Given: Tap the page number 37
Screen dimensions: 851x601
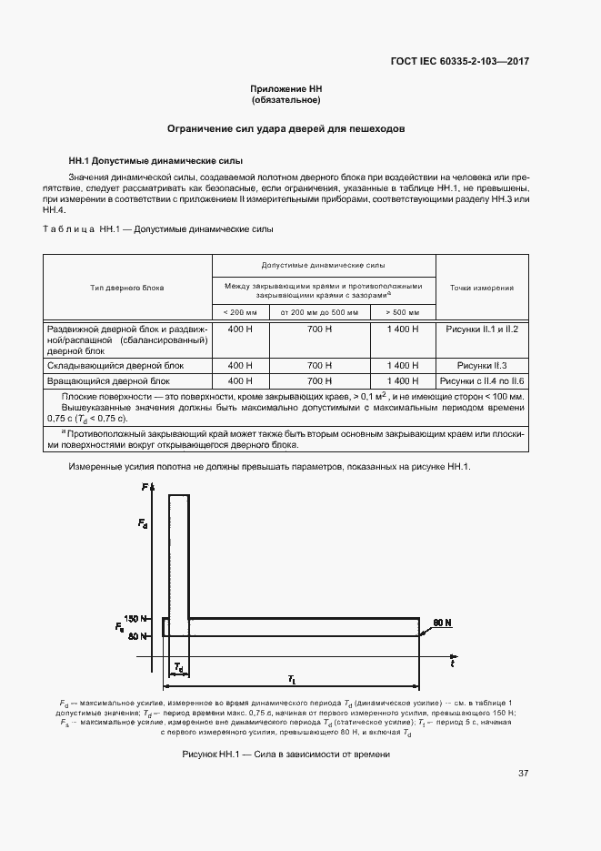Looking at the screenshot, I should pyautogui.click(x=523, y=774).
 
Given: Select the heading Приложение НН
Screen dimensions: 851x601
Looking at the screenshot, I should pyautogui.click(x=286, y=89).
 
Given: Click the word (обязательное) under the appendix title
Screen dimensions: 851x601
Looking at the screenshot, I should pyautogui.click(x=286, y=100).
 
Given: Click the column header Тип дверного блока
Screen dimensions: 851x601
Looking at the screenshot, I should pyautogui.click(x=127, y=288).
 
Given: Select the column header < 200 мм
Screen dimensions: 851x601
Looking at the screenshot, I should pyautogui.click(x=239, y=312).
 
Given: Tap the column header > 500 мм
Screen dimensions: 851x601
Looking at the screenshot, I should pyautogui.click(x=403, y=312).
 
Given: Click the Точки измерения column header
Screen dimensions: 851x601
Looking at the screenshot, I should pyautogui.click(x=482, y=288).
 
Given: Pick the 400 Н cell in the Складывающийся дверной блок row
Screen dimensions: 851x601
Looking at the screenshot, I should pyautogui.click(x=240, y=364).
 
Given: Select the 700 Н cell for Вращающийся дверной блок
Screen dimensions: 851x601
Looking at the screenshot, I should pyautogui.click(x=320, y=380).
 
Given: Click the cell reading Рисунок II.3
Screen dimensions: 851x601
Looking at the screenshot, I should pyautogui.click(x=482, y=364).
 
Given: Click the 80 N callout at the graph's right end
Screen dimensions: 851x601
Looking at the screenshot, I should pyautogui.click(x=443, y=622).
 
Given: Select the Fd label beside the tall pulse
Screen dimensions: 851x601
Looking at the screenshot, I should pyautogui.click(x=144, y=523).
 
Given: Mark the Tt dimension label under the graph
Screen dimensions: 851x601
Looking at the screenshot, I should pyautogui.click(x=291, y=679).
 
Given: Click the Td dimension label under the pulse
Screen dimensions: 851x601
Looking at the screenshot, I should pyautogui.click(x=179, y=668).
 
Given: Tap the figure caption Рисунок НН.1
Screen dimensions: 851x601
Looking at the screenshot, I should pyautogui.click(x=286, y=755).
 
